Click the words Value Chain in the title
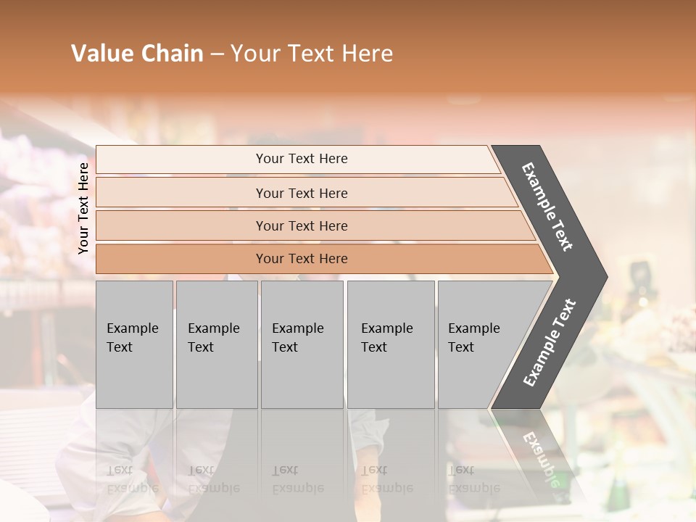(137, 54)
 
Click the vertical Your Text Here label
(83, 208)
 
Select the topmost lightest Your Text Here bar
(302, 159)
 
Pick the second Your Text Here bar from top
(302, 193)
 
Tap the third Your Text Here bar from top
(302, 225)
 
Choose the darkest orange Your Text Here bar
(302, 259)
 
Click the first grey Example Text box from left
(134, 344)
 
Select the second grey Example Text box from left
(216, 344)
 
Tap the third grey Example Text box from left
(302, 344)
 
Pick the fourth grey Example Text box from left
(391, 344)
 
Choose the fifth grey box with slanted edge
(482, 344)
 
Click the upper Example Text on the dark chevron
(547, 207)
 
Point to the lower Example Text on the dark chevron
(550, 343)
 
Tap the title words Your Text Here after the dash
(312, 54)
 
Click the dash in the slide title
(217, 54)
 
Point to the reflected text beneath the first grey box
(133, 479)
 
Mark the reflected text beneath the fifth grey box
(474, 479)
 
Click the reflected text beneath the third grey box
(298, 479)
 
